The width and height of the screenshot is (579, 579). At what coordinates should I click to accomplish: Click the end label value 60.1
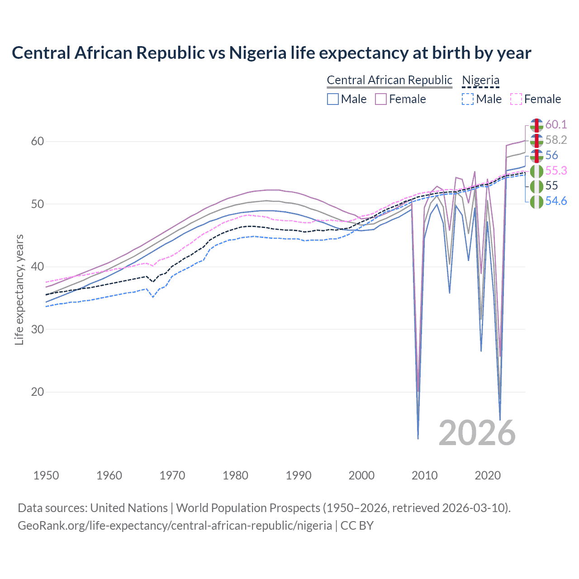coord(556,124)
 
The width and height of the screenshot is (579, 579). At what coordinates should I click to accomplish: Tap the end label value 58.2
coord(556,140)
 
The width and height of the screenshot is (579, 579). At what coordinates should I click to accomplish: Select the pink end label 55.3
coord(556,171)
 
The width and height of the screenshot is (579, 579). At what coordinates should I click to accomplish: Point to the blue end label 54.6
coord(556,201)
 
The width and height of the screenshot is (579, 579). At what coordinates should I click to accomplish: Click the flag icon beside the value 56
coord(536,155)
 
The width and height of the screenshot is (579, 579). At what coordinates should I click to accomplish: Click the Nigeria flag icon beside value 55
coord(536,186)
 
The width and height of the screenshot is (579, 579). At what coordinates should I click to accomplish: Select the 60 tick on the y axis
coord(38,142)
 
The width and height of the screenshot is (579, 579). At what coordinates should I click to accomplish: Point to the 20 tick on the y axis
coord(38,392)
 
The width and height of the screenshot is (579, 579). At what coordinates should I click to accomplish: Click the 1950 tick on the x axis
coord(46,475)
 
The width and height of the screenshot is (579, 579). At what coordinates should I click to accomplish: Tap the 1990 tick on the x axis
coord(299,475)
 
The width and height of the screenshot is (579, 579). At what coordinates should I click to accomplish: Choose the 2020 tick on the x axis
coord(488,475)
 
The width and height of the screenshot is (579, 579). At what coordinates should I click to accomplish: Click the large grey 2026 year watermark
coord(477,433)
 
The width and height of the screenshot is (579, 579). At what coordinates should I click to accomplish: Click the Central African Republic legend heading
coord(389,80)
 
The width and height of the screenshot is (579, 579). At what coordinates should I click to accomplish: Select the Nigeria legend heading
coord(480,80)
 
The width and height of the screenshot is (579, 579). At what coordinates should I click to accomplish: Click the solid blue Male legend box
coord(333,99)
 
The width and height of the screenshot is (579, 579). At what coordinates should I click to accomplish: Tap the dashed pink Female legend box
coord(516,99)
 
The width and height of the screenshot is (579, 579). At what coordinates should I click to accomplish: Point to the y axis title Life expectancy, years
coord(19,289)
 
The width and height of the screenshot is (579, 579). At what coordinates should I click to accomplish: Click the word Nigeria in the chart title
coord(258,53)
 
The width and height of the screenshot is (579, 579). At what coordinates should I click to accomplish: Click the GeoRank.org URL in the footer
coord(175,526)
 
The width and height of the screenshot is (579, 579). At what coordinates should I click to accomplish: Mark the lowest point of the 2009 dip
coord(418,438)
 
